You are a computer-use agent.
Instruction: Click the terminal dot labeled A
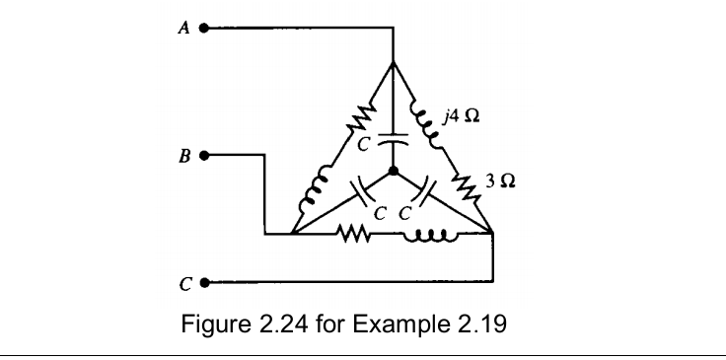[205, 29]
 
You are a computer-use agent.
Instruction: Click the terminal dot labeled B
[205, 155]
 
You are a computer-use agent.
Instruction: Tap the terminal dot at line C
[205, 282]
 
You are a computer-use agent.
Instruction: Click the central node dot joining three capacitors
[393, 172]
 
